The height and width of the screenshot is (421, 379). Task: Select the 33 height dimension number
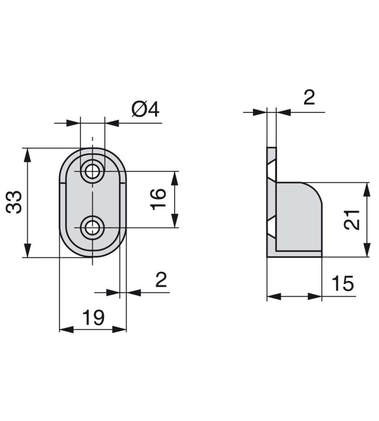(x=16, y=203)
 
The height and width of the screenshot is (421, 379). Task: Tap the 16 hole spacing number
(x=158, y=199)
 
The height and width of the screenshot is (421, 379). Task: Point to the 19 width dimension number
(x=93, y=317)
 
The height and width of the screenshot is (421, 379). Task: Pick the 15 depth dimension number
(x=342, y=284)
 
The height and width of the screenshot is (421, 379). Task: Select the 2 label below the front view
(x=161, y=279)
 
